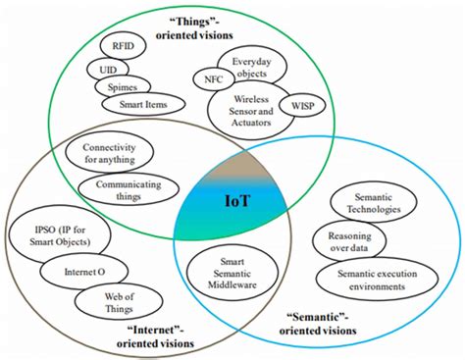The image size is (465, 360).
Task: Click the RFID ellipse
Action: [x=125, y=46]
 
